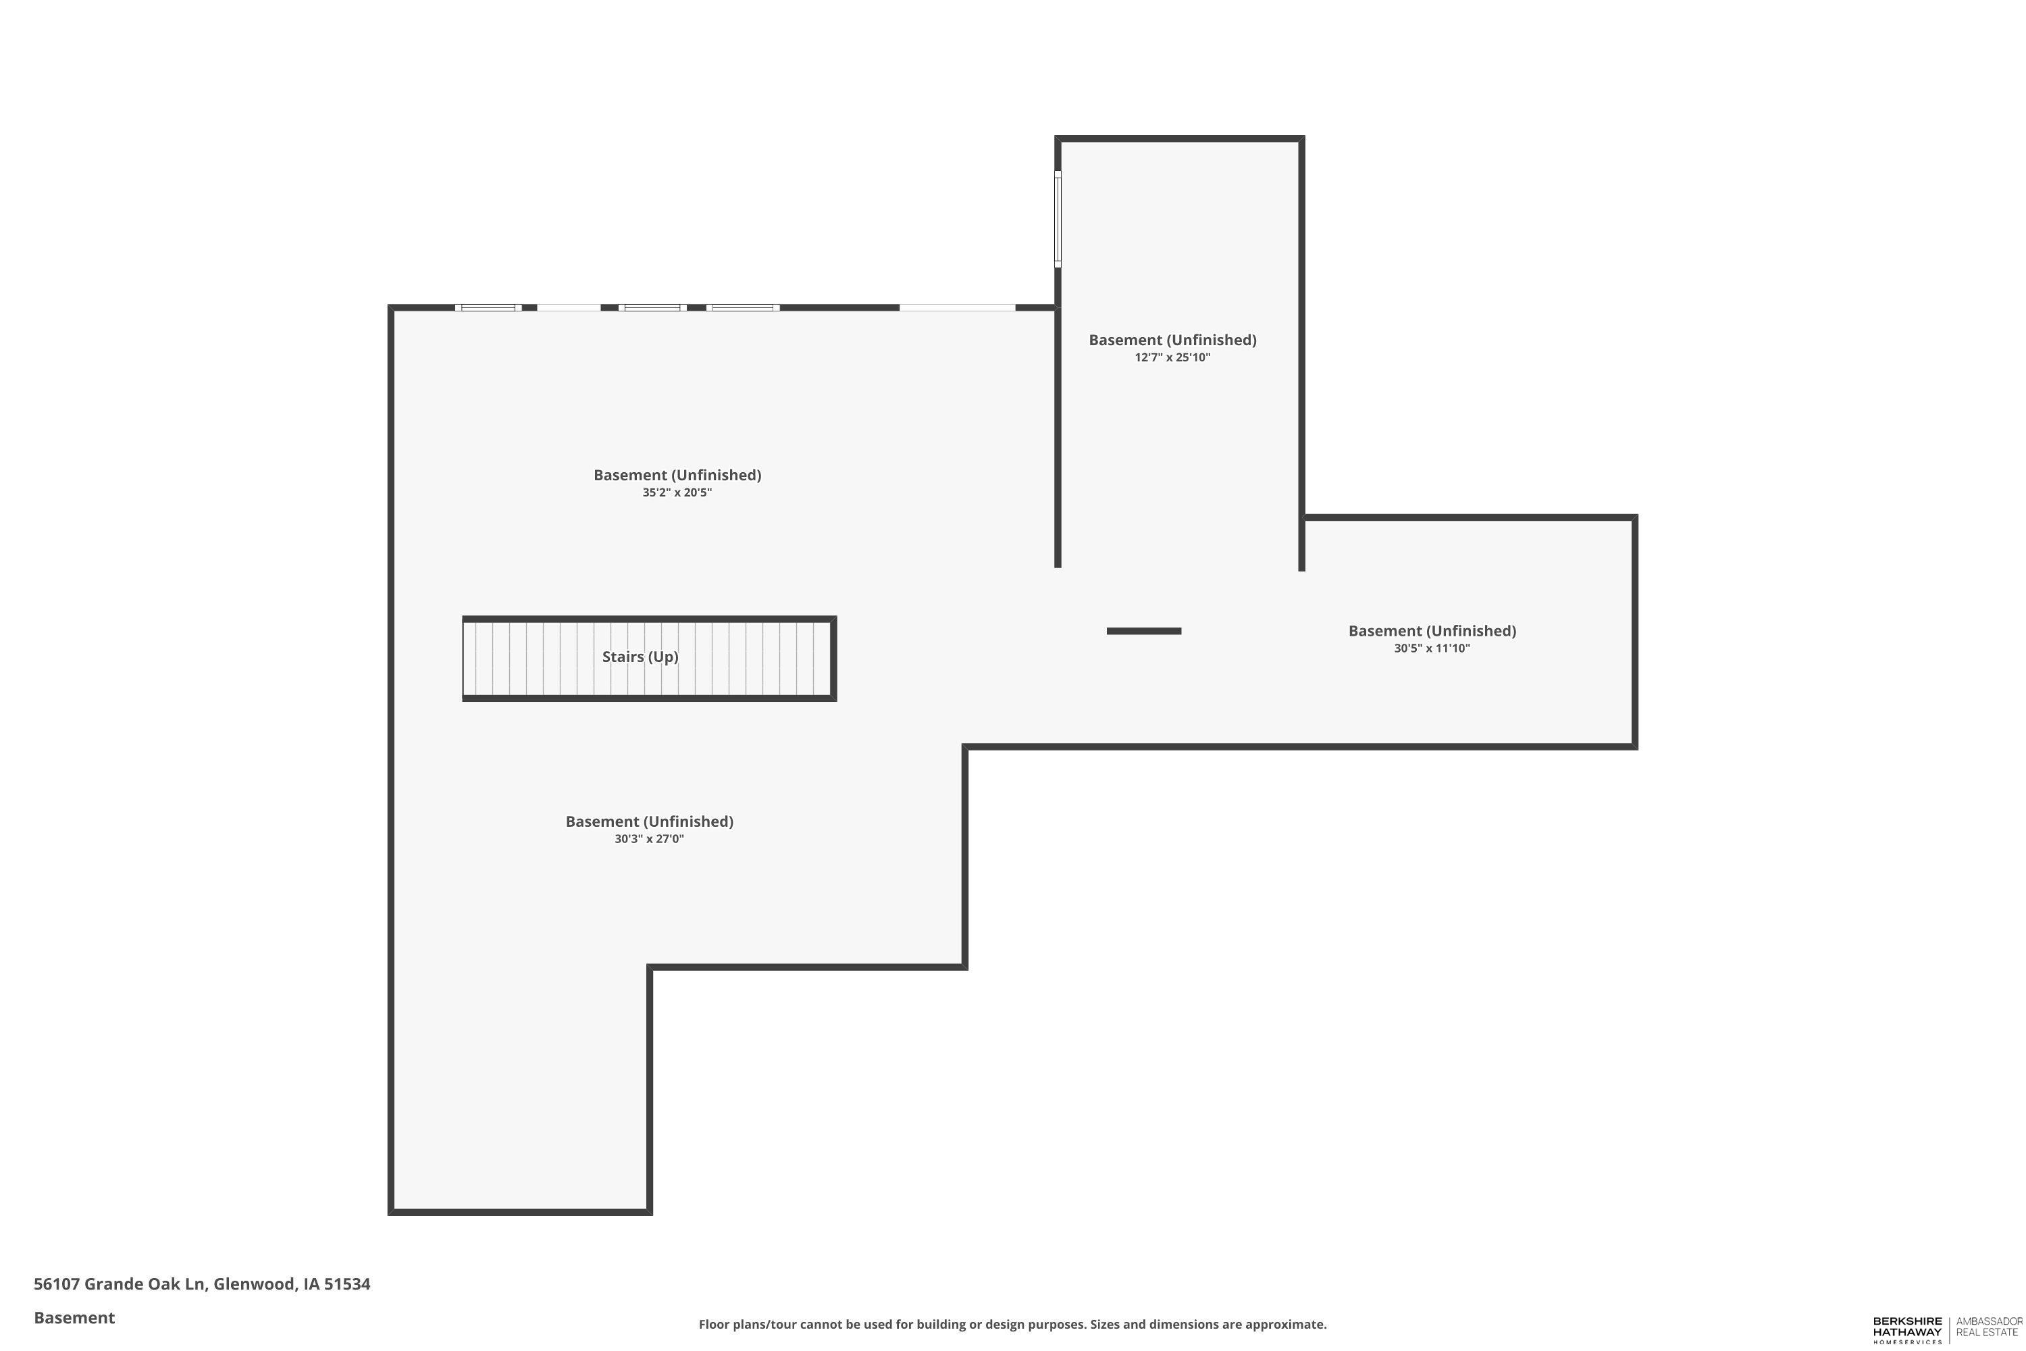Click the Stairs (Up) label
pyautogui.click(x=640, y=657)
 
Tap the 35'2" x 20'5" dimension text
pyautogui.click(x=677, y=493)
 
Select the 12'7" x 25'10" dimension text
pyautogui.click(x=1172, y=357)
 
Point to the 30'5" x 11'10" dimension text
pyautogui.click(x=1432, y=648)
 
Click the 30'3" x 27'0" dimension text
pyautogui.click(x=648, y=839)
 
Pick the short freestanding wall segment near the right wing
pyautogui.click(x=1144, y=632)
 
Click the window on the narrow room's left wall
pyautogui.click(x=1058, y=219)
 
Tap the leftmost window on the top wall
pyautogui.click(x=488, y=307)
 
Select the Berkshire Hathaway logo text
pyautogui.click(x=1907, y=1329)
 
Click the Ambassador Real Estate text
pyautogui.click(x=1989, y=1327)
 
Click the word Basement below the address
pyautogui.click(x=74, y=1317)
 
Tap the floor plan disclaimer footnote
pyautogui.click(x=1012, y=1324)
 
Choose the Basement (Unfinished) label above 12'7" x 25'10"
pyautogui.click(x=1172, y=340)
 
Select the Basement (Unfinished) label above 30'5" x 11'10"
pyautogui.click(x=1432, y=632)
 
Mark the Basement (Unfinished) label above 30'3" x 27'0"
pyautogui.click(x=648, y=822)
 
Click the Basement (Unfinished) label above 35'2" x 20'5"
pyautogui.click(x=677, y=476)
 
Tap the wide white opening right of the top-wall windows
pyautogui.click(x=958, y=307)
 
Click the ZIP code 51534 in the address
pyautogui.click(x=347, y=1284)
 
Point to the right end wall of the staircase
pyautogui.click(x=833, y=658)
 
